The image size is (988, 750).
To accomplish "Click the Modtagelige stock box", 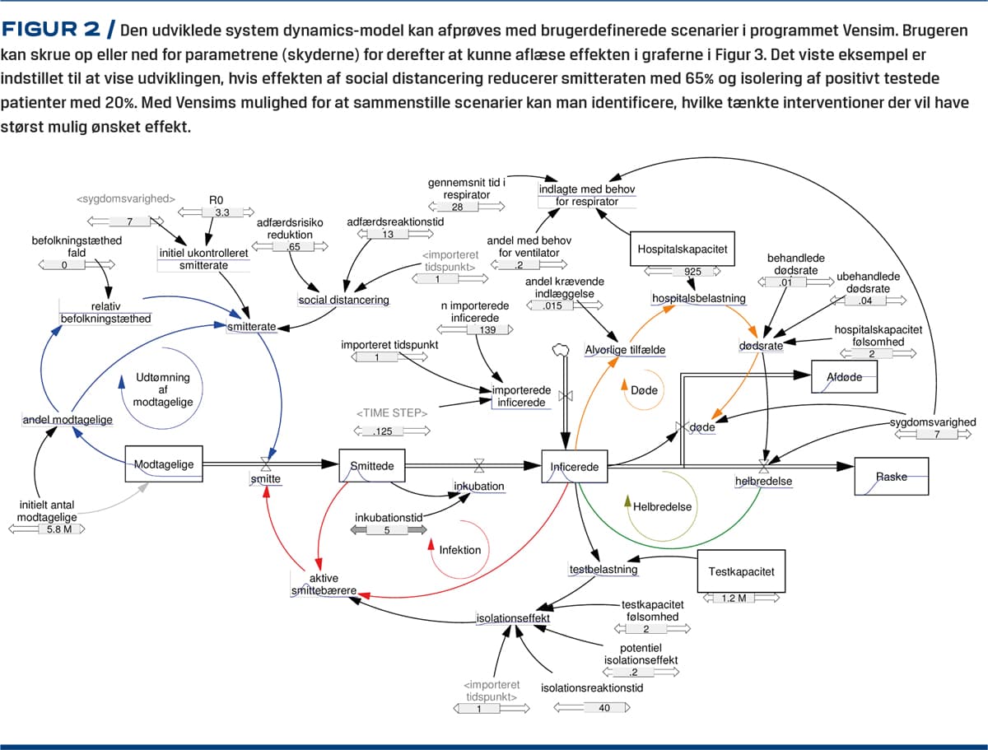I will tap(164, 464).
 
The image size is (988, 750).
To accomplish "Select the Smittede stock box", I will tap(372, 466).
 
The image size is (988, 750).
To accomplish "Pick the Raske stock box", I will tap(891, 477).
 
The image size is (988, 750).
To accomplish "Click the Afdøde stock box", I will tap(844, 377).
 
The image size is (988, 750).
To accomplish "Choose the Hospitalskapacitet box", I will tap(683, 248).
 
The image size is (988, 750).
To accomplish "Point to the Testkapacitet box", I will tap(741, 572).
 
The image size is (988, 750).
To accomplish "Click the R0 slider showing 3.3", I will tap(221, 213).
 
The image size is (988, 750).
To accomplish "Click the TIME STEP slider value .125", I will tap(384, 431).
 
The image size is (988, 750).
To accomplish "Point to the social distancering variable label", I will tap(343, 300).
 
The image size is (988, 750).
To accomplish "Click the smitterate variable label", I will tap(251, 327).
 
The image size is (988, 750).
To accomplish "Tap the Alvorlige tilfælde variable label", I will tap(625, 349).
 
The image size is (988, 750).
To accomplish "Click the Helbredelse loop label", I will tap(662, 506).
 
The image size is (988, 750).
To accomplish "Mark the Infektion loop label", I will tap(459, 549).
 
